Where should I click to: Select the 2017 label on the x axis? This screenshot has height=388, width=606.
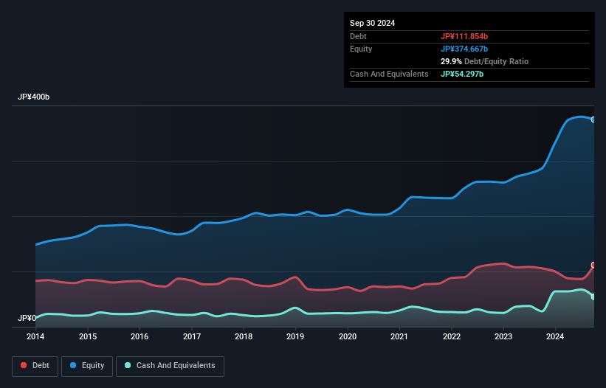point(192,337)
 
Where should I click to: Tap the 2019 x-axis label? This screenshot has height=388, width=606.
point(295,337)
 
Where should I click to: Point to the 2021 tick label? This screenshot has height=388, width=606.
point(399,337)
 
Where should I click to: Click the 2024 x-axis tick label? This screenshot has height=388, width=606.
point(555,337)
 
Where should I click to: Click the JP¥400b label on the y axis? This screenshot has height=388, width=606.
point(33,97)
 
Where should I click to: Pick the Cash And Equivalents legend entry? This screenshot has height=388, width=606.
point(170,366)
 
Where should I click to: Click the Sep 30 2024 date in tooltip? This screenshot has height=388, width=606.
point(372,23)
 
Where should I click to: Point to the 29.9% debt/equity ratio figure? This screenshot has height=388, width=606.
point(451,61)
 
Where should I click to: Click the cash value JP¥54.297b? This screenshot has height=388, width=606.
point(462,74)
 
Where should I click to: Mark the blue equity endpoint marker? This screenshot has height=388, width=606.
point(593,119)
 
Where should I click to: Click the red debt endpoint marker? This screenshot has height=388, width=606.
point(593,265)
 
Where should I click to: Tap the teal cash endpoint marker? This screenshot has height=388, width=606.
point(593,297)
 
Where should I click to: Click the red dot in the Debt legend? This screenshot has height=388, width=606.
point(24,366)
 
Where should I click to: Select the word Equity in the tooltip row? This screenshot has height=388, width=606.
point(361,49)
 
